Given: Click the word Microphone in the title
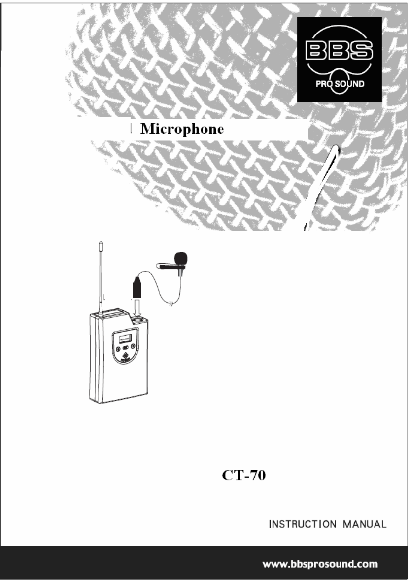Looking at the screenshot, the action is (x=182, y=130).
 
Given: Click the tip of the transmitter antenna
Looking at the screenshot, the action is (x=101, y=243).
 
